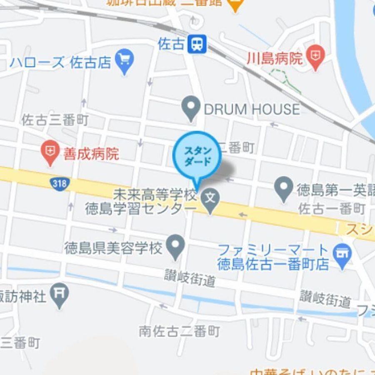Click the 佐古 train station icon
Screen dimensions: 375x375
(197, 44)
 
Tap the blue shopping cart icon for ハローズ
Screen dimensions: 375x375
(125, 59)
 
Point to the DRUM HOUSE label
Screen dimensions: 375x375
(252, 109)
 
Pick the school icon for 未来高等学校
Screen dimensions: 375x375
(211, 197)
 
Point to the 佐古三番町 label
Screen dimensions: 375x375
(55, 121)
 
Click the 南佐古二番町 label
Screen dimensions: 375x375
(179, 331)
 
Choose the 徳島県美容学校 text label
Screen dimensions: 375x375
(113, 249)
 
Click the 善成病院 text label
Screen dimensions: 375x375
(91, 154)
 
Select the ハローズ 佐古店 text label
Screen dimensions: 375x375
(61, 62)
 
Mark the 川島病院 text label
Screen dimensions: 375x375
(274, 59)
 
